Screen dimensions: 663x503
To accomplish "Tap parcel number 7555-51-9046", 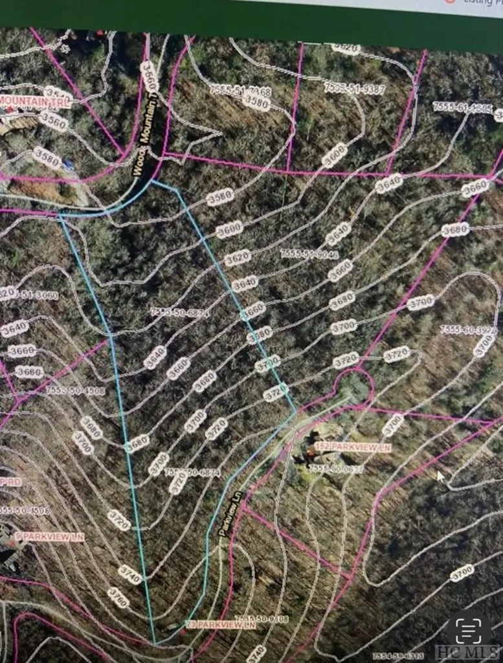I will [309, 254].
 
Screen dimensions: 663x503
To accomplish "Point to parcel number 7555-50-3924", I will [469, 330].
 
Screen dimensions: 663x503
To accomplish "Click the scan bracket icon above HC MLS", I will [469, 627].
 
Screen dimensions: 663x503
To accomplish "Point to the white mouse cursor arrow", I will [441, 477].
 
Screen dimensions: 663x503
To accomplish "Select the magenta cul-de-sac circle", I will [353, 387].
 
